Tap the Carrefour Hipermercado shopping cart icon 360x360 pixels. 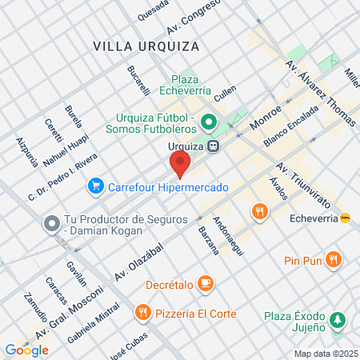click(x=96, y=186)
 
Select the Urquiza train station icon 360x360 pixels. click(x=214, y=146)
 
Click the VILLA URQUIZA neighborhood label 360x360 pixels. click(x=146, y=46)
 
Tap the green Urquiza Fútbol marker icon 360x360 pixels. click(x=209, y=122)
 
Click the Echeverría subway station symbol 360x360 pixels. click(x=345, y=217)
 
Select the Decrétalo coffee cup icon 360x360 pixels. click(x=206, y=282)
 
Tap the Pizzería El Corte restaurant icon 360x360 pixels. click(x=142, y=312)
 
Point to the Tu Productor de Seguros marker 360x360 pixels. click(x=52, y=221)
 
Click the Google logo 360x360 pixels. click(x=26, y=350)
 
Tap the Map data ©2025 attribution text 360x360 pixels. click(x=325, y=354)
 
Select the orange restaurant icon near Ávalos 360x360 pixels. click(x=259, y=211)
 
